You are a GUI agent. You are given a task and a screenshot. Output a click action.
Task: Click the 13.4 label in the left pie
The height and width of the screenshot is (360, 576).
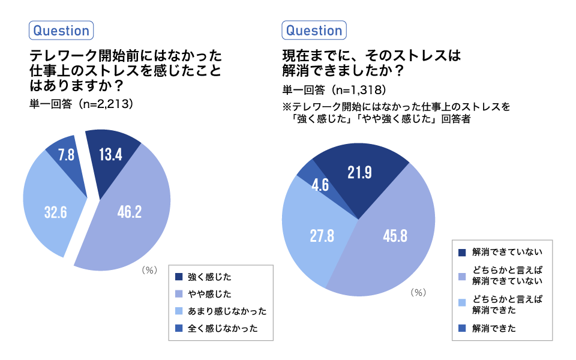110,155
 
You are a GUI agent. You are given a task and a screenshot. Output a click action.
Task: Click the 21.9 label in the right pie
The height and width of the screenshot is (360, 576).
359,173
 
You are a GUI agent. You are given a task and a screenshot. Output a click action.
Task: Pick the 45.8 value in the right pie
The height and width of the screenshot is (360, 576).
395,236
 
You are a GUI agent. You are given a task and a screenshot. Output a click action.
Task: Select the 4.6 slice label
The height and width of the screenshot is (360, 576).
320,185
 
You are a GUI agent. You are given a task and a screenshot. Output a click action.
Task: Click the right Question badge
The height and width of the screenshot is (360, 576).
314,31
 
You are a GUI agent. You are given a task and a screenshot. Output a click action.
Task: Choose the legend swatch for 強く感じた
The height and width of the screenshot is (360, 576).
178,277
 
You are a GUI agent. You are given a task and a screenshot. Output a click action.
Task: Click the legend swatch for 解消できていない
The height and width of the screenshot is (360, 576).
462,253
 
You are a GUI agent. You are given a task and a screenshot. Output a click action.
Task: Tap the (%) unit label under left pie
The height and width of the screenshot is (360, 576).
149,270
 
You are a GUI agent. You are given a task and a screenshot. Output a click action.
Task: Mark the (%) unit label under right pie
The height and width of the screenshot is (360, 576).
418,292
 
